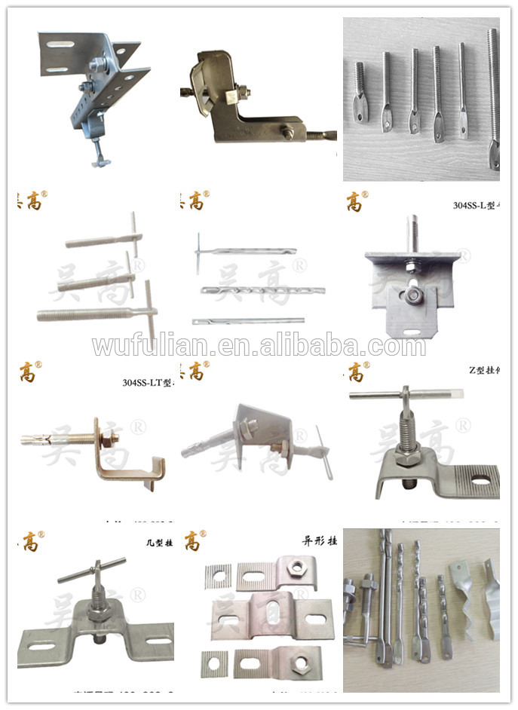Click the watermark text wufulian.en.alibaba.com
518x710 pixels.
point(259,345)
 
